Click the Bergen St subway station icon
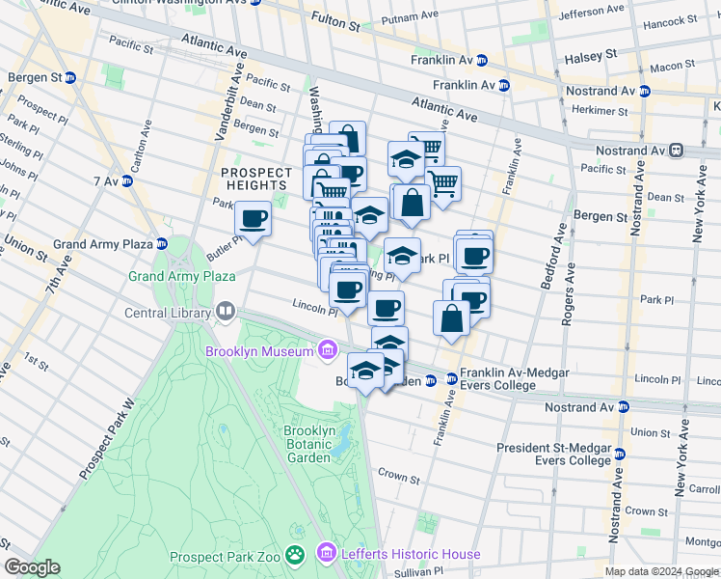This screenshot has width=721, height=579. point(70,77)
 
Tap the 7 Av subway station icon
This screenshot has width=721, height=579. point(127,181)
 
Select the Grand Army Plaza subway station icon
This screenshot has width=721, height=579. point(162,244)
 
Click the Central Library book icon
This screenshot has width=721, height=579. point(225,312)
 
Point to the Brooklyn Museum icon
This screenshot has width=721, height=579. point(328,349)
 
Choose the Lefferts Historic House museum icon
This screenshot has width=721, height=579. point(328,554)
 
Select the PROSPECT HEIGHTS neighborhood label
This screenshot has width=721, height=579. point(254,179)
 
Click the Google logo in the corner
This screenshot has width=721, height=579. point(32,567)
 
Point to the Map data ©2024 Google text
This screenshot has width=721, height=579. point(660,571)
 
